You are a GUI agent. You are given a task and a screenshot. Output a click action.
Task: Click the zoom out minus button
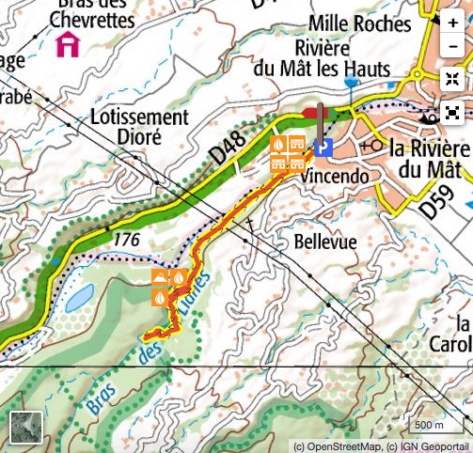453,47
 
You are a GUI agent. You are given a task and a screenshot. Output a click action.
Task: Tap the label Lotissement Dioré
140,127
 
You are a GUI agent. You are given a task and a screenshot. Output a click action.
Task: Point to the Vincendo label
333,175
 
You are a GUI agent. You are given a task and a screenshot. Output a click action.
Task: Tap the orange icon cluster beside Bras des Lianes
168,287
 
